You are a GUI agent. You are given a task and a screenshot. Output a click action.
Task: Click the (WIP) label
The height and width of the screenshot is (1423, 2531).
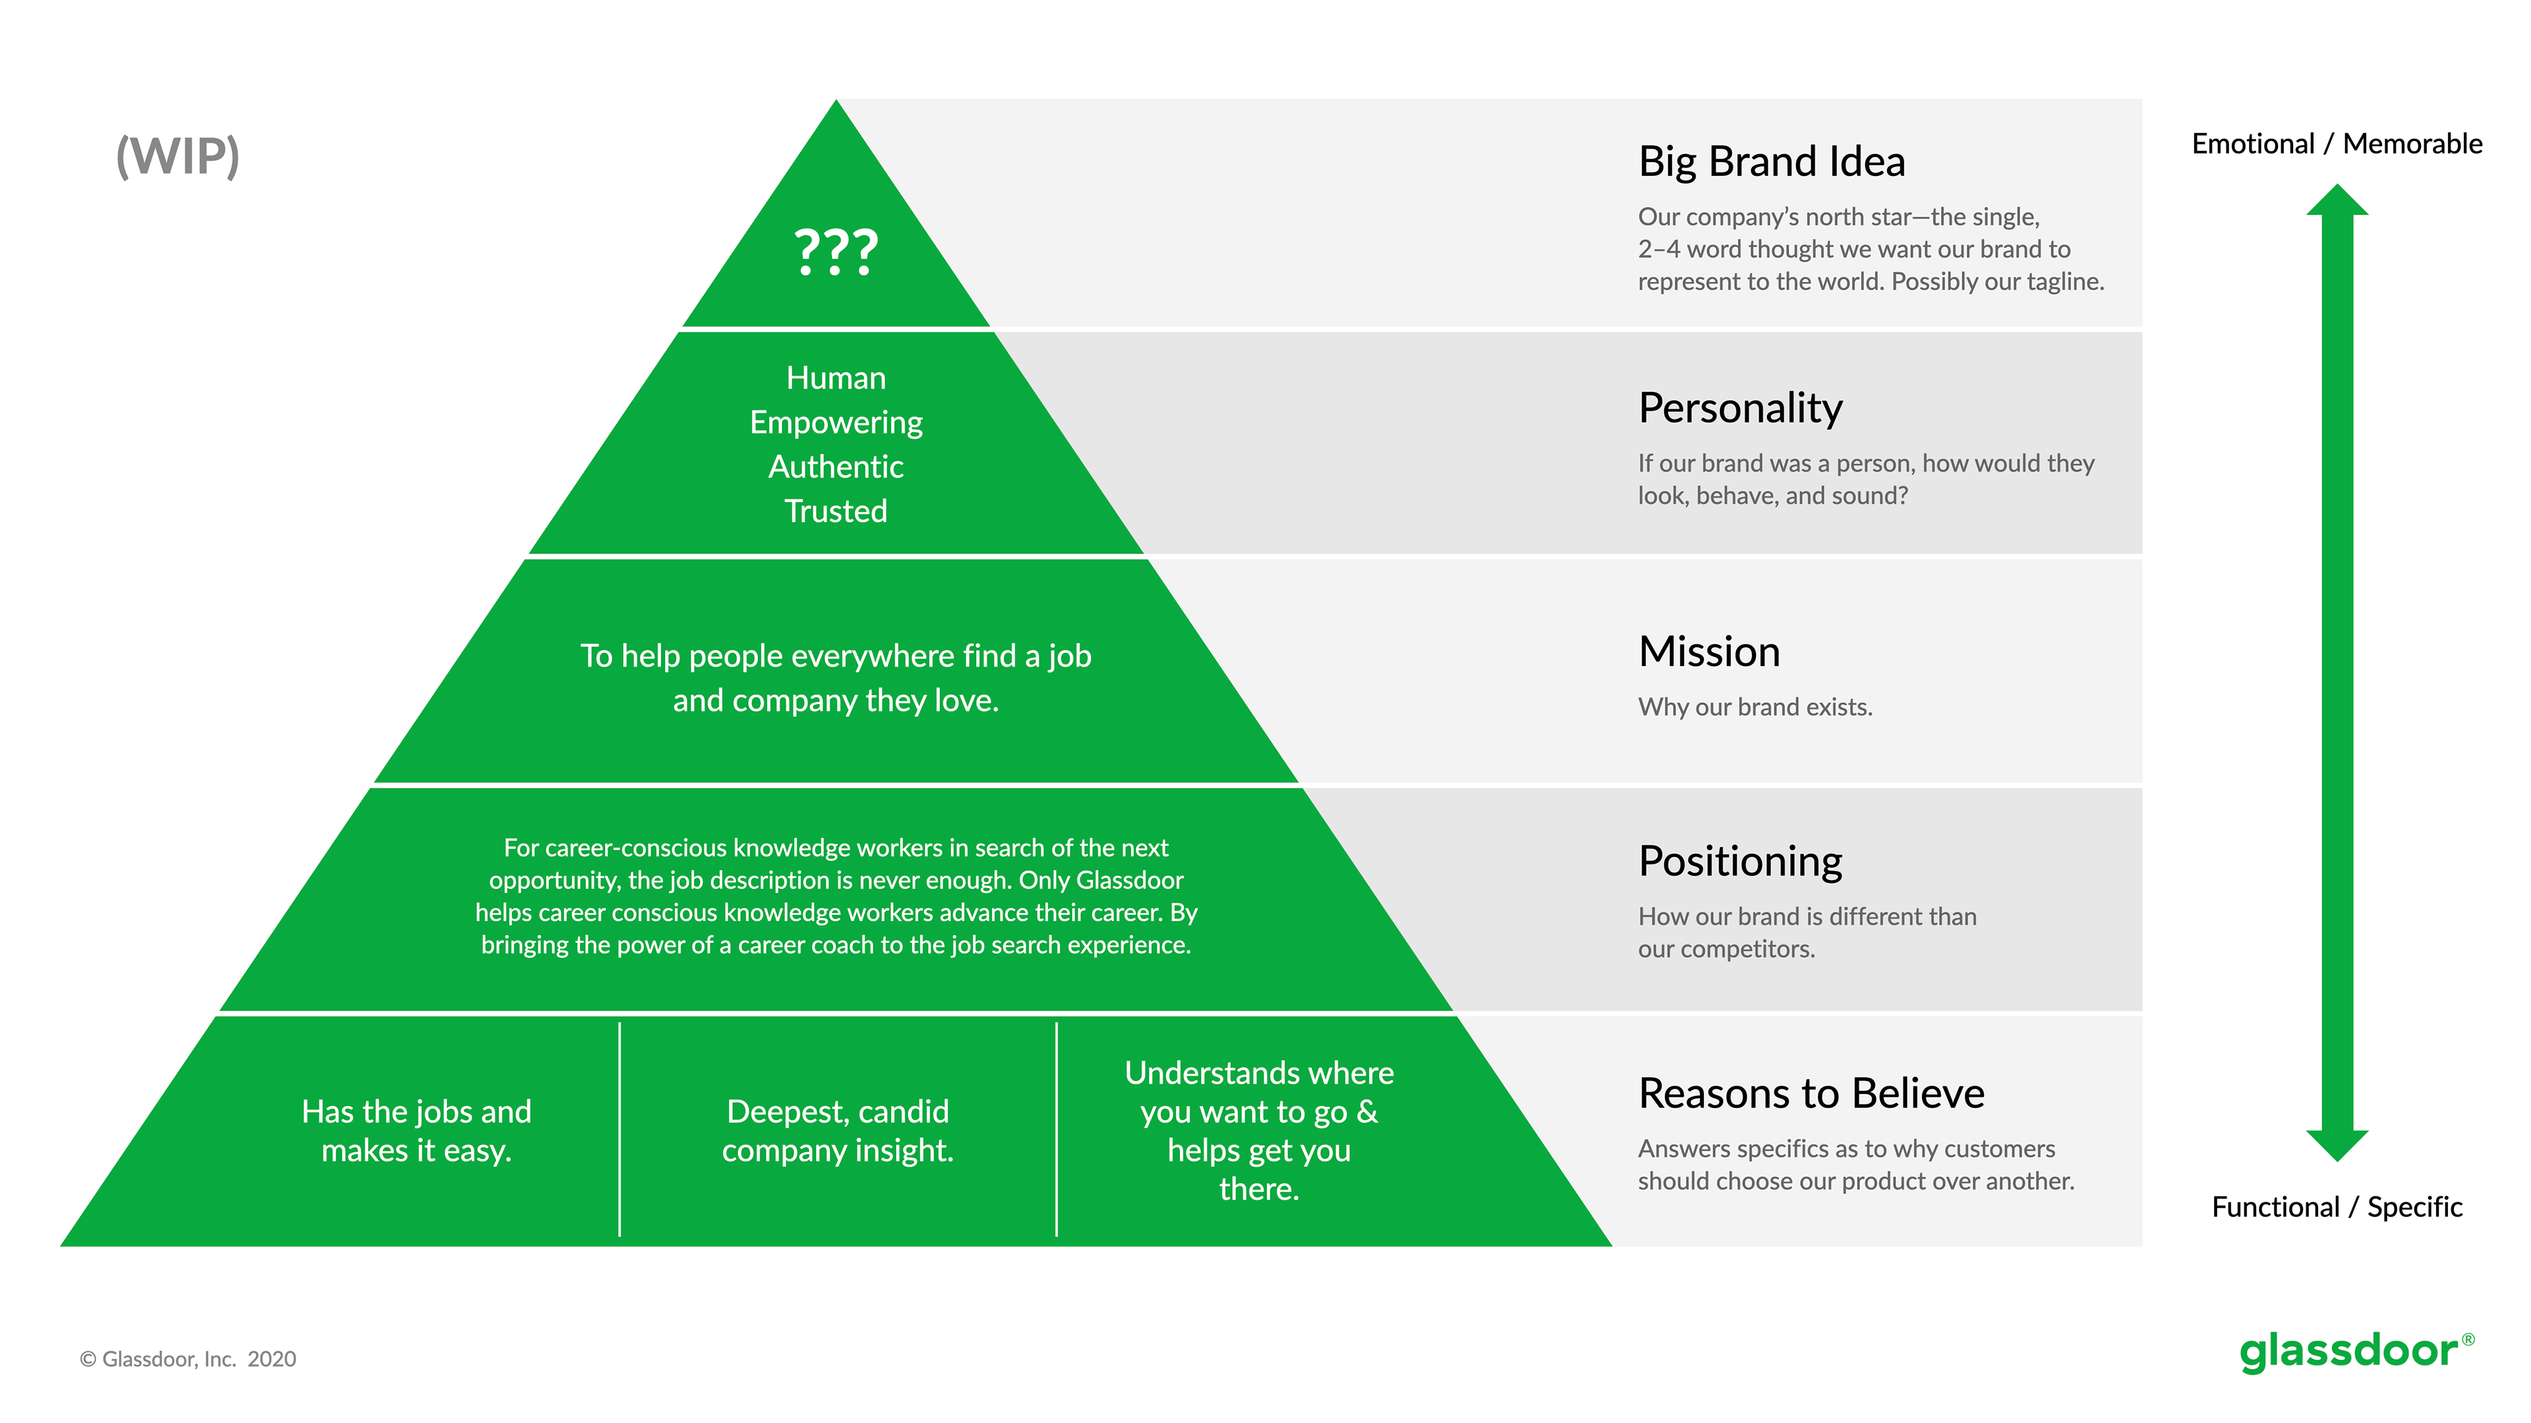(x=178, y=156)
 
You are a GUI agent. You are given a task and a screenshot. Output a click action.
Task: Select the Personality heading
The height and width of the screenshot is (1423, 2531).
(x=1739, y=408)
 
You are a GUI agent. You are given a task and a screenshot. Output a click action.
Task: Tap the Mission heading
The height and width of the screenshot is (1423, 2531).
(x=1708, y=651)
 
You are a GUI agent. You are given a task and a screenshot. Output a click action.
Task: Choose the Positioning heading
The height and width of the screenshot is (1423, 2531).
(x=1739, y=860)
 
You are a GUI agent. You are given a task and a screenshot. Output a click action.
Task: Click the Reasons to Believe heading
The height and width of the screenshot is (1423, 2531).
(x=1811, y=1093)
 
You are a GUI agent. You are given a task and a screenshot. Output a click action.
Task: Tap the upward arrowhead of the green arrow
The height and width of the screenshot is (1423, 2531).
(x=2337, y=200)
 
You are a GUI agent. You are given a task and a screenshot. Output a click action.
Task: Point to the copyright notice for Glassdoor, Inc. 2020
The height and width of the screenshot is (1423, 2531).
(x=188, y=1358)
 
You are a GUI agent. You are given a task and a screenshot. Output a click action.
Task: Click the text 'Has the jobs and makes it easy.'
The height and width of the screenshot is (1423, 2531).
(x=417, y=1130)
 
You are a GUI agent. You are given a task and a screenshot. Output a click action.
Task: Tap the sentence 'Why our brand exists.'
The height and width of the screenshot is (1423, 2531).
(x=1754, y=706)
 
